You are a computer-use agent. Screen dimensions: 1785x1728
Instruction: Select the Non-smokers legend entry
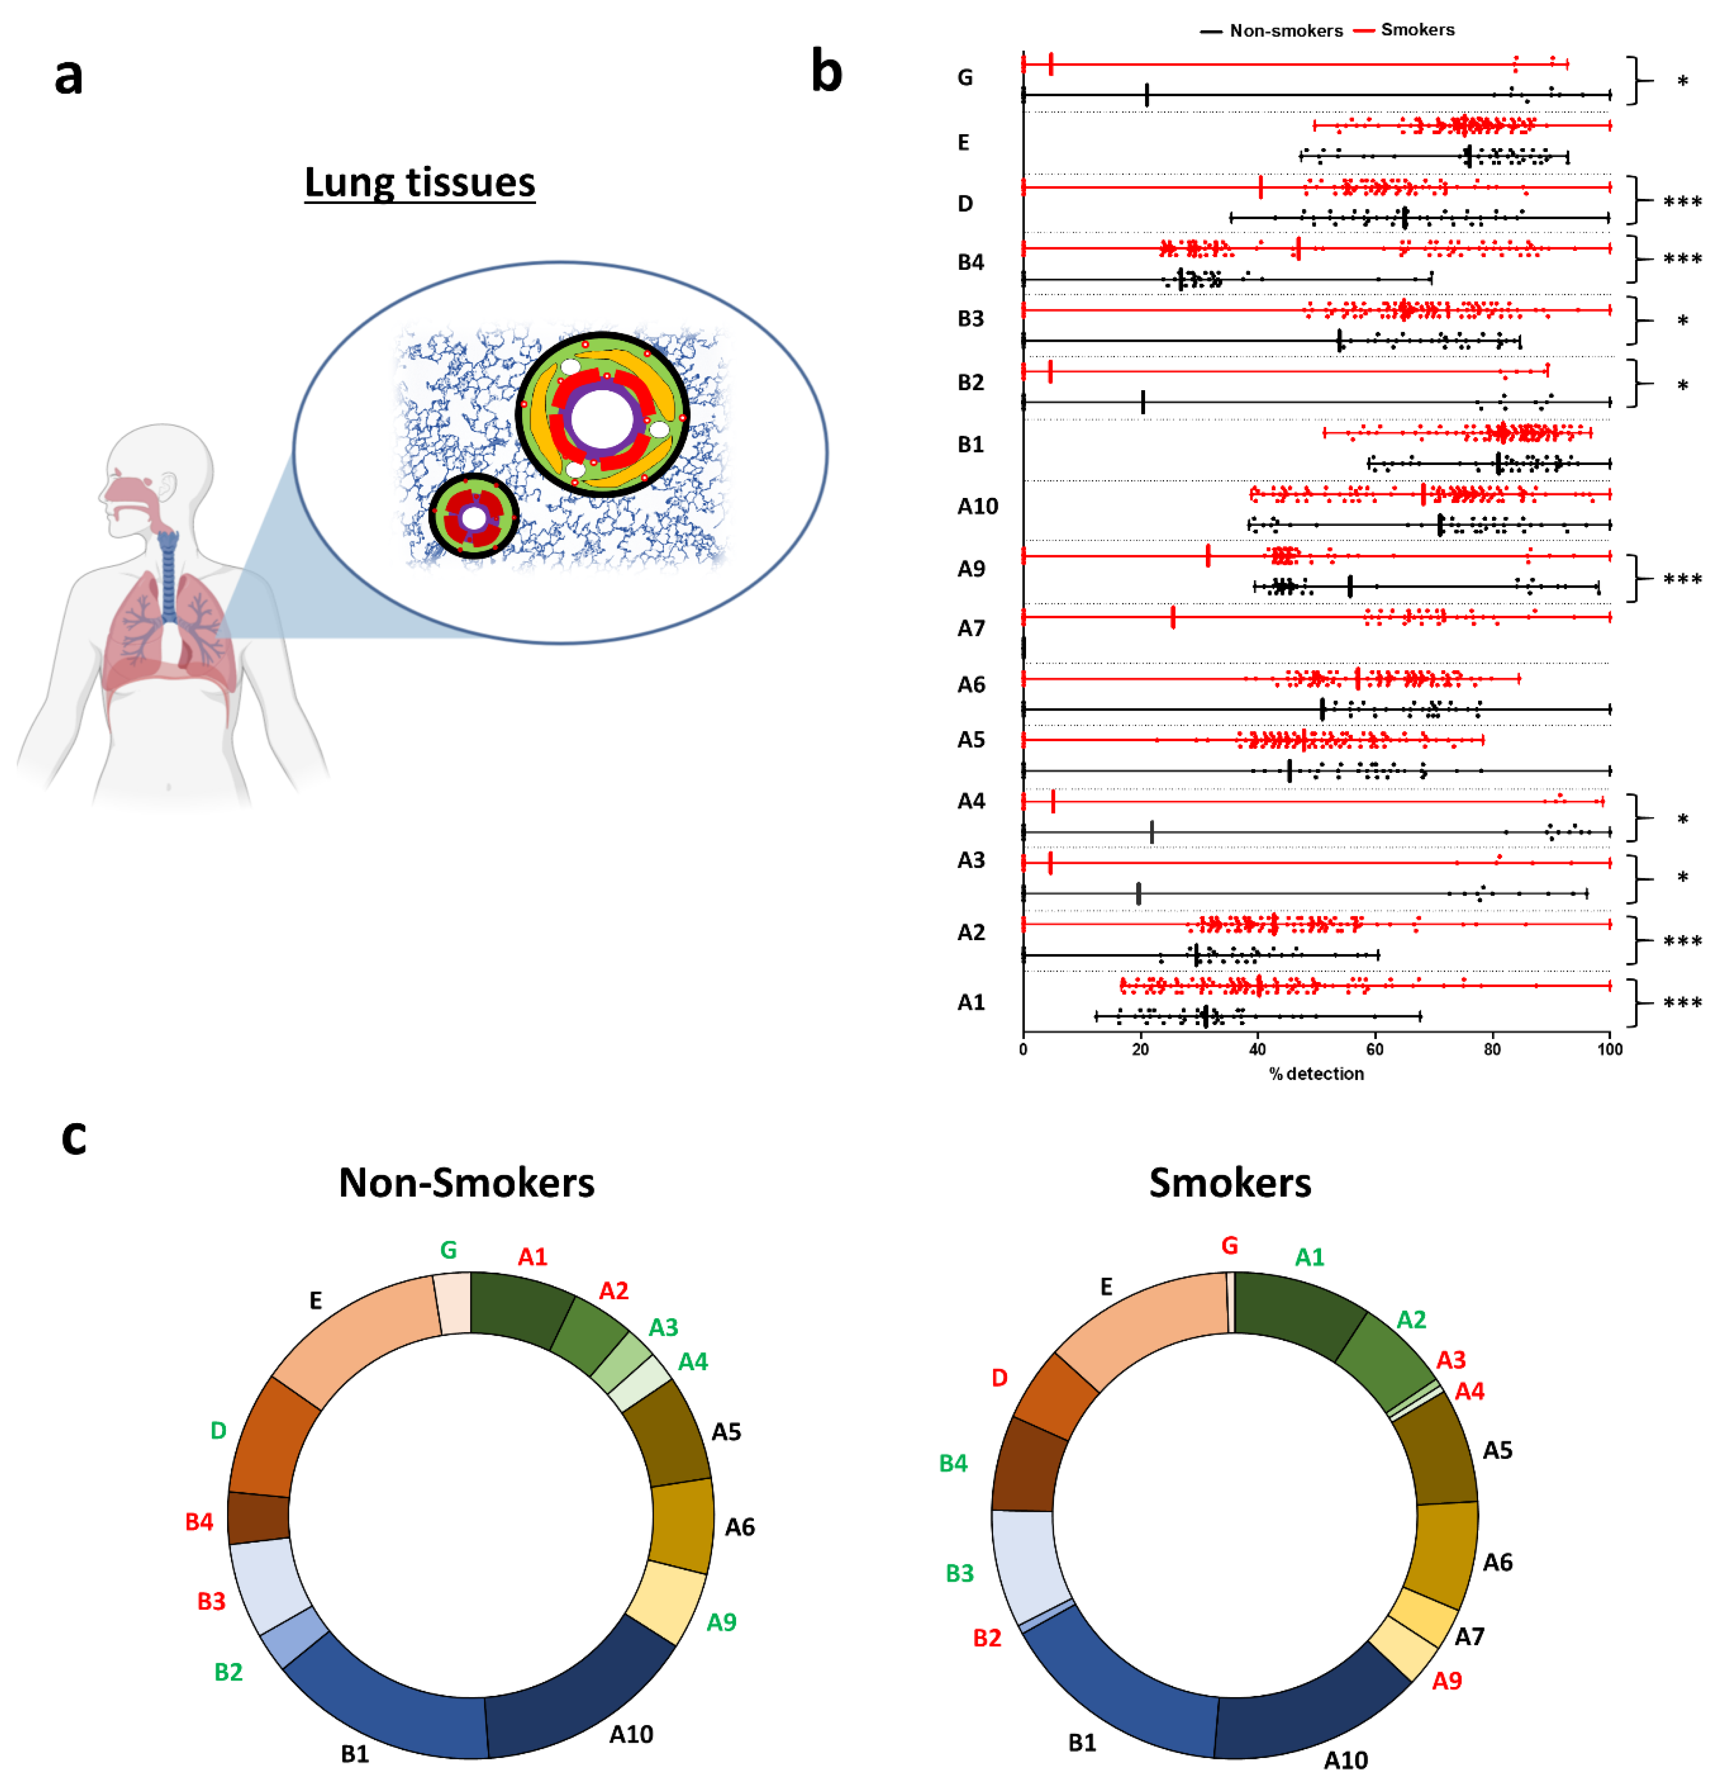coord(1284,31)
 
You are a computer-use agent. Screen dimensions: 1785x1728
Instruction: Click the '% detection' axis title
coord(1316,1074)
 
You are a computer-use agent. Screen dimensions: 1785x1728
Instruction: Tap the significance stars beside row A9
coord(1682,579)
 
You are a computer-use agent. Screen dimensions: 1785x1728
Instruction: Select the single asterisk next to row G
coord(1682,82)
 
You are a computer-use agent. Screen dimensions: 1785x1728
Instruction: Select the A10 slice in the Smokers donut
coord(1312,1712)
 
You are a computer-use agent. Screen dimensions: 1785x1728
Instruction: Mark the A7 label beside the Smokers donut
coord(1468,1636)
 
